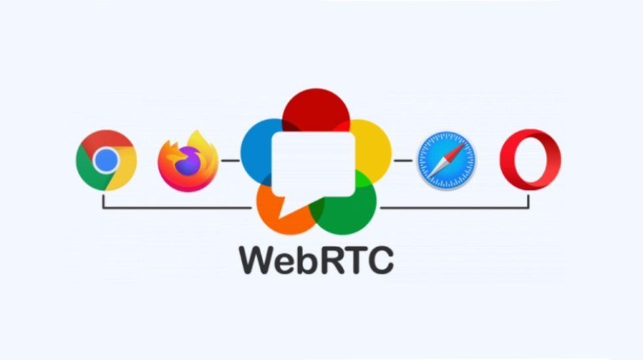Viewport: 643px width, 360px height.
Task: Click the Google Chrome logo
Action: (x=106, y=160)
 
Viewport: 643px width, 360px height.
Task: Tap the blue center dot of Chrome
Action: (x=106, y=160)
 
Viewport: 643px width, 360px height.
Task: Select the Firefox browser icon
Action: (x=188, y=161)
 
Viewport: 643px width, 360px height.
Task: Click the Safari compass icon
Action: (x=446, y=160)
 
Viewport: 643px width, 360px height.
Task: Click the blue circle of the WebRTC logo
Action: (x=256, y=152)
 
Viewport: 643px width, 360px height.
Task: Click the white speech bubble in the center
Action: (x=313, y=164)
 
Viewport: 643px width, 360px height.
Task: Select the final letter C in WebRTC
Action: (x=379, y=260)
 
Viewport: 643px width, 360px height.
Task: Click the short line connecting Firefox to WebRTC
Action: (x=230, y=160)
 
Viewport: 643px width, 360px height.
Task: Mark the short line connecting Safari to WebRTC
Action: (x=403, y=160)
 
